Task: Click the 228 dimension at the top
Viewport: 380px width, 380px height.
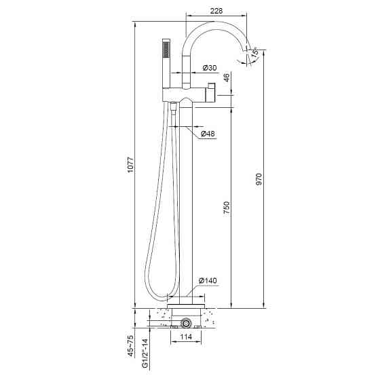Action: point(216,11)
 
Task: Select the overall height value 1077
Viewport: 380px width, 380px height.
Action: point(130,165)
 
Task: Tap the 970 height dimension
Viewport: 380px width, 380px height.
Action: point(259,179)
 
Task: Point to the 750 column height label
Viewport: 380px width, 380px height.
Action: point(226,207)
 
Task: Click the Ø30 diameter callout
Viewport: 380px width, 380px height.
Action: point(210,68)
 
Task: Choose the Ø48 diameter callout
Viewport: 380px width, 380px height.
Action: point(208,134)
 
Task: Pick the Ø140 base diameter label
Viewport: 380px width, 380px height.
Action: point(208,281)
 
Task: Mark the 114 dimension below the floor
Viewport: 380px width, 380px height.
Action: point(186,337)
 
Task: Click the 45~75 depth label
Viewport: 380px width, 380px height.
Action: point(130,346)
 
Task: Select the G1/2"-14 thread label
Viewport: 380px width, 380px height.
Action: point(145,354)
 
